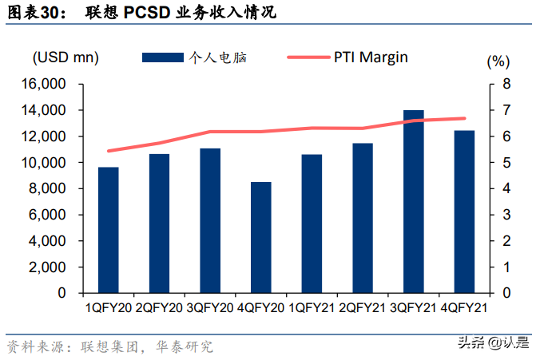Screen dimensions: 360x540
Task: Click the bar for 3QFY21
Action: point(413,201)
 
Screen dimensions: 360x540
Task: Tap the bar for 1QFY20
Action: point(108,230)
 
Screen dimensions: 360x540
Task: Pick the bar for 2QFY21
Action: point(362,218)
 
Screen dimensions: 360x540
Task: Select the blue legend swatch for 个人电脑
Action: point(163,57)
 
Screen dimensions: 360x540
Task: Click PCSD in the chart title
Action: point(147,13)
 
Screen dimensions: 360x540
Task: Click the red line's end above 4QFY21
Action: point(464,118)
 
